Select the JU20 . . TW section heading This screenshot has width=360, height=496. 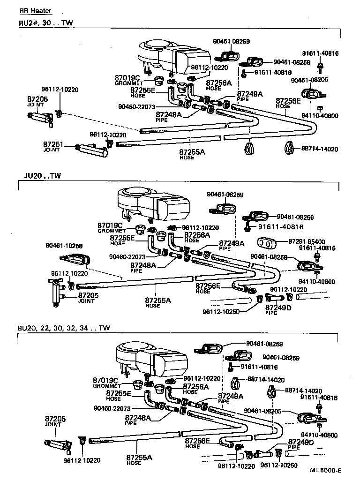coord(42,176)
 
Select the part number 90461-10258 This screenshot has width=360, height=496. coord(64,245)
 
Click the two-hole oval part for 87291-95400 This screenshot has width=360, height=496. coord(265,244)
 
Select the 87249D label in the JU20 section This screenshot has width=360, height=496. coord(278,308)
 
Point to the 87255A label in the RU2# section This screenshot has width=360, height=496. coord(192,152)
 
